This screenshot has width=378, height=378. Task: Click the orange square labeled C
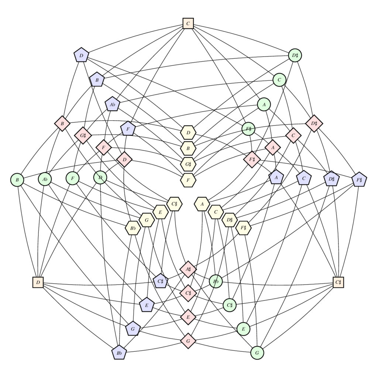tap(188, 23)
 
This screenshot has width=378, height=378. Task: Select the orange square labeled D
tap(38, 282)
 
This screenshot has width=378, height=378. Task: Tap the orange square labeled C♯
tap(338, 282)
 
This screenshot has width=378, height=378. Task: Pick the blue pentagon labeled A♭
tap(112, 104)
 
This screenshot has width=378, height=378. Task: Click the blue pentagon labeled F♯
tap(359, 179)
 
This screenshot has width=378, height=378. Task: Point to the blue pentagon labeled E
tap(147, 305)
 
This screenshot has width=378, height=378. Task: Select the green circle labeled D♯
tap(295, 55)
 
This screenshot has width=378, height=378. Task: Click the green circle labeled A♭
tap(45, 179)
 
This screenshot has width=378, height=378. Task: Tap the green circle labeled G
tap(257, 353)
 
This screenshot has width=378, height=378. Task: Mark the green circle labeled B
tap(17, 180)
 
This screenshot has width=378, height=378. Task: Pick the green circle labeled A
tap(264, 104)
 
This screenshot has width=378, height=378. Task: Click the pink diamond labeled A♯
tap(188, 269)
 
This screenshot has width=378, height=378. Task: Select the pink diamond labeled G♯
tap(83, 135)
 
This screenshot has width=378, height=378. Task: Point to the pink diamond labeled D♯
tap(314, 123)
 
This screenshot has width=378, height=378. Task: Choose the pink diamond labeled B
tap(62, 124)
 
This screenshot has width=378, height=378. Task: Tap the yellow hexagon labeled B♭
tap(133, 228)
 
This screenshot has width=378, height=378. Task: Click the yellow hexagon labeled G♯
tap(188, 164)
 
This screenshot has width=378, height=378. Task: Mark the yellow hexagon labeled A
tap(202, 204)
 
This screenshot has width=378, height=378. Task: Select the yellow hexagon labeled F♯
tap(244, 228)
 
